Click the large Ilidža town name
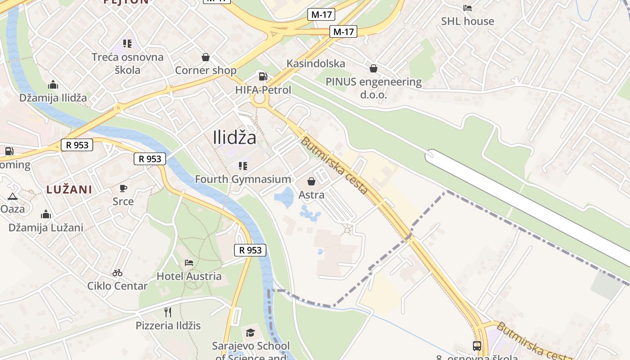(235, 137)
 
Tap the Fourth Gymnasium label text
(243, 179)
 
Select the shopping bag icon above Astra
(311, 181)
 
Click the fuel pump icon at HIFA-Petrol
(262, 76)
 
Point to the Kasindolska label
(316, 63)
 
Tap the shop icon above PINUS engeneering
(373, 68)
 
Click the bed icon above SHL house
(468, 8)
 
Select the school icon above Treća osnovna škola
(127, 44)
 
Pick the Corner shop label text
(206, 70)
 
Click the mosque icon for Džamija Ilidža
(53, 85)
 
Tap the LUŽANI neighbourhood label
(69, 189)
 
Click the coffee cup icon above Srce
(123, 188)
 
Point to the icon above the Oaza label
(12, 196)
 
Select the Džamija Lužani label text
(46, 228)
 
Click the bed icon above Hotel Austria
(189, 262)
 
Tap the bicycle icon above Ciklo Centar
(117, 272)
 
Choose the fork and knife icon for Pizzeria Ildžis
(168, 312)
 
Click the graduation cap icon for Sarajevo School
(250, 333)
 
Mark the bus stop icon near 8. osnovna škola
(477, 346)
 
